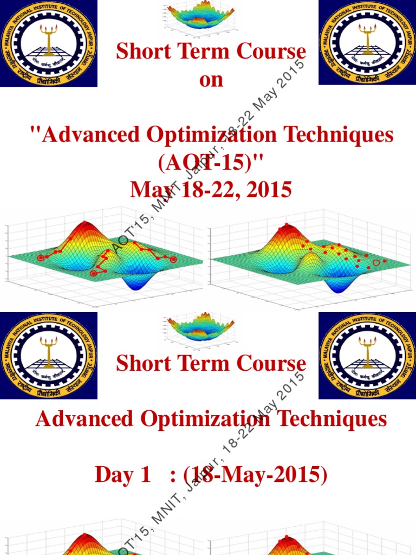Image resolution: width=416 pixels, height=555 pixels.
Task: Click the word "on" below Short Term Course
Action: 211,80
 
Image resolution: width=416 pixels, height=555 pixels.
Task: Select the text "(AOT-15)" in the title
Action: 211,162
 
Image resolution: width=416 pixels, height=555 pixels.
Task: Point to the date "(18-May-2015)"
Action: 256,475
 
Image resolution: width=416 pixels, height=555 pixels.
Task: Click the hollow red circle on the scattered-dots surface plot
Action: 376,263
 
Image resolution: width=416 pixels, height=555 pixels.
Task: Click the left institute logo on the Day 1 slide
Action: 49,356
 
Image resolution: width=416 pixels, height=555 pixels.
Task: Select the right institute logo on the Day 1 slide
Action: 367,356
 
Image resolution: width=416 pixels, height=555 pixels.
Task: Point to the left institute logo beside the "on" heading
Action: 49,43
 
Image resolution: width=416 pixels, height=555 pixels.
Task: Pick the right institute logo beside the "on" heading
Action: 367,43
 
